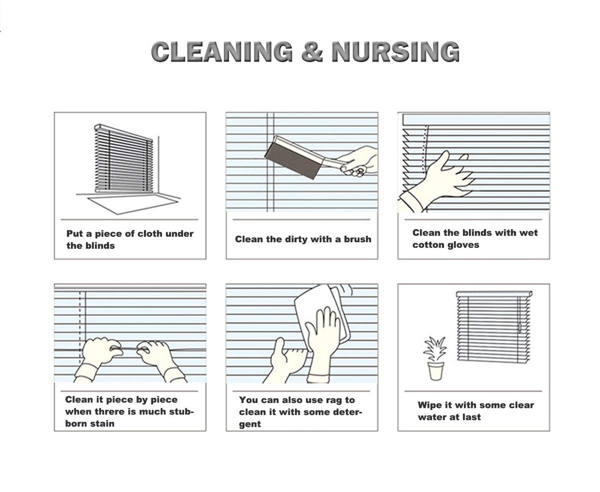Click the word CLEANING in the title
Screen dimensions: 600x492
click(x=222, y=51)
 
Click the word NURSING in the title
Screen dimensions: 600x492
click(x=396, y=51)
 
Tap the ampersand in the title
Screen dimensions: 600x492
click(x=312, y=51)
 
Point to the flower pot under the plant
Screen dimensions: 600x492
click(x=436, y=371)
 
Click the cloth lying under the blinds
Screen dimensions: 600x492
click(x=133, y=204)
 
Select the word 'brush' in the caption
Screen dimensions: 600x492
click(x=358, y=239)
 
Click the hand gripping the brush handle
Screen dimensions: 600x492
click(x=358, y=161)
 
